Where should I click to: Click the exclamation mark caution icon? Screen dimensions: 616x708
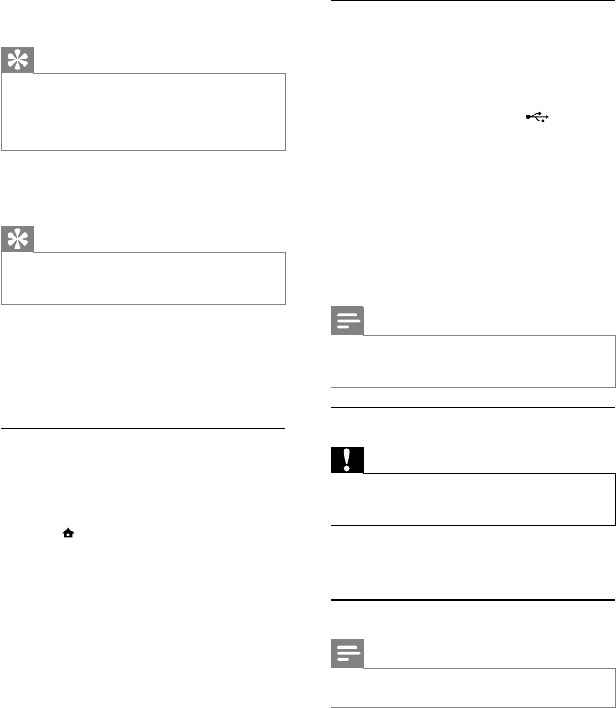pyautogui.click(x=347, y=460)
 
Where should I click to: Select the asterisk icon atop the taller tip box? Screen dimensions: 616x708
pyautogui.click(x=18, y=60)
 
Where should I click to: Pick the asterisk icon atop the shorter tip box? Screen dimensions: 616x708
pyautogui.click(x=18, y=239)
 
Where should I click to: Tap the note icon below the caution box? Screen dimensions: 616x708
pyautogui.click(x=347, y=654)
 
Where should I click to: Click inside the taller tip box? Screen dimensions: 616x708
pyautogui.click(x=143, y=111)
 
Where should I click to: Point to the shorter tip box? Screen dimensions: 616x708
pyautogui.click(x=143, y=277)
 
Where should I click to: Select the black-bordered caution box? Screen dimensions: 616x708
pyautogui.click(x=473, y=499)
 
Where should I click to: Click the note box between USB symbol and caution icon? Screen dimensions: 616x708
pyautogui.click(x=473, y=362)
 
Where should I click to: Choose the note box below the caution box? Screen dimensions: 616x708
pyautogui.click(x=473, y=686)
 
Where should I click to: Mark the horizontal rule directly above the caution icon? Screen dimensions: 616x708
pyautogui.click(x=473, y=408)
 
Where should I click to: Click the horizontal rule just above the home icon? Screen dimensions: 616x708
pyautogui.click(x=143, y=428)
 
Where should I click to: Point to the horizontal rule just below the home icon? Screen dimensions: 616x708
pyautogui.click(x=143, y=603)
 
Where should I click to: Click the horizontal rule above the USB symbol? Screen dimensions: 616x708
pyautogui.click(x=473, y=2)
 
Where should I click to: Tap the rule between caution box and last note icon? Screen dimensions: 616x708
pyautogui.click(x=473, y=599)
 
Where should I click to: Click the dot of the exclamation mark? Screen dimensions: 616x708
pyautogui.click(x=347, y=467)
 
